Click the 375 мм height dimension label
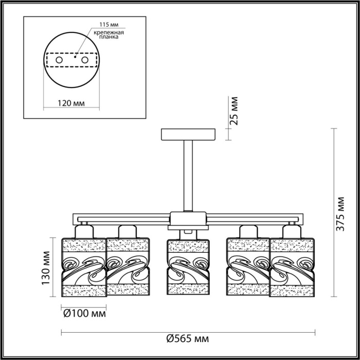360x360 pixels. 340,213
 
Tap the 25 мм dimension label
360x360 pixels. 235,112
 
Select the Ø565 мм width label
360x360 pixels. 188,338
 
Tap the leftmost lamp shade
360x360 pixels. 84,267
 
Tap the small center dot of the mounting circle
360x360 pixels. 75,58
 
